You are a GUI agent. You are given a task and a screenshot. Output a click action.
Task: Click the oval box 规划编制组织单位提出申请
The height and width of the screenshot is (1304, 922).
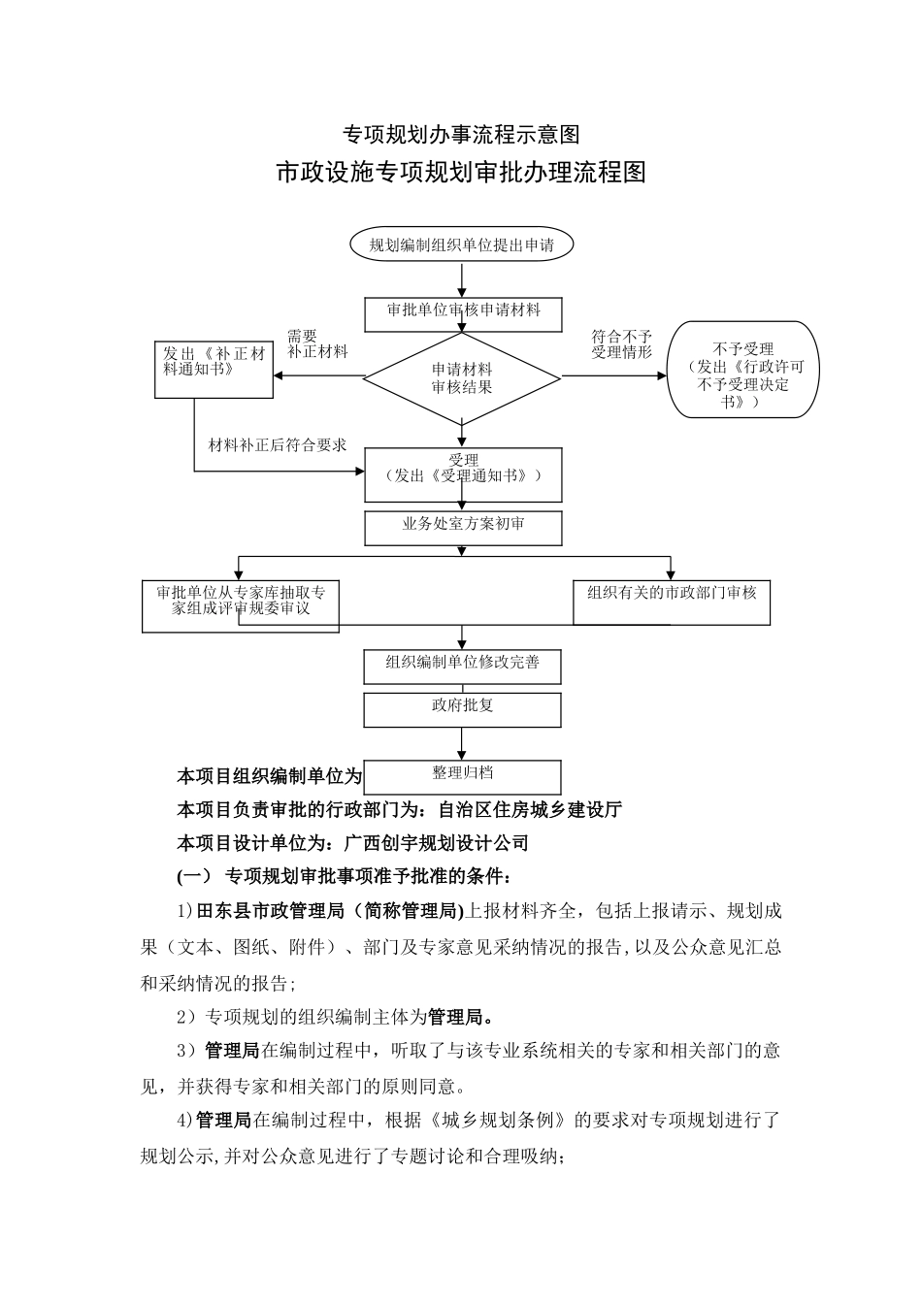[461, 245]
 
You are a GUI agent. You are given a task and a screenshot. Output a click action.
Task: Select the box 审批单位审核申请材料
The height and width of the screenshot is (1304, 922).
[463, 311]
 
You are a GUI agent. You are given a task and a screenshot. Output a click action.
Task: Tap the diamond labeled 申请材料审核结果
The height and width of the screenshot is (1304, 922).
[462, 378]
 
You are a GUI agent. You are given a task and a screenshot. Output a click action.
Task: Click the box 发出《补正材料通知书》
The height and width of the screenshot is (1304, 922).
[214, 370]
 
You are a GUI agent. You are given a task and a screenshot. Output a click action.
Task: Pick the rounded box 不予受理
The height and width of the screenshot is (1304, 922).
[742, 371]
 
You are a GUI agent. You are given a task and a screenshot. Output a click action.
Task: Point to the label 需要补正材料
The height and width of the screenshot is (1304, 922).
[316, 343]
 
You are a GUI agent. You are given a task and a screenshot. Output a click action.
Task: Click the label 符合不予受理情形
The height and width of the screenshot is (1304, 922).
[621, 343]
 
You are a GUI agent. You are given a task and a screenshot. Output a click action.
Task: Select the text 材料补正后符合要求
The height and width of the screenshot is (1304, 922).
[278, 445]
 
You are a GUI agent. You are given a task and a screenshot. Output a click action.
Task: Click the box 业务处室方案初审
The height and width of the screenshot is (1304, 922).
[463, 525]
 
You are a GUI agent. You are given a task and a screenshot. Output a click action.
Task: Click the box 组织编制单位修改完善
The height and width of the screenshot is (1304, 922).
[462, 665]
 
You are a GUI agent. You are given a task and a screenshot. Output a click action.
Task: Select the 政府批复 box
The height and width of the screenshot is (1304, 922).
[462, 708]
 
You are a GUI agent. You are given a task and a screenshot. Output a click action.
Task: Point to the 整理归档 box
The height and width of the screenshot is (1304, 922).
[462, 775]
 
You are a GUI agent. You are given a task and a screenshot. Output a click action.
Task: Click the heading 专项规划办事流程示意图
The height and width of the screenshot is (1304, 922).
[461, 133]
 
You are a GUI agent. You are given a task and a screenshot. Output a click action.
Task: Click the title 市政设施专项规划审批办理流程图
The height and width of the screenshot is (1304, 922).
[461, 173]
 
